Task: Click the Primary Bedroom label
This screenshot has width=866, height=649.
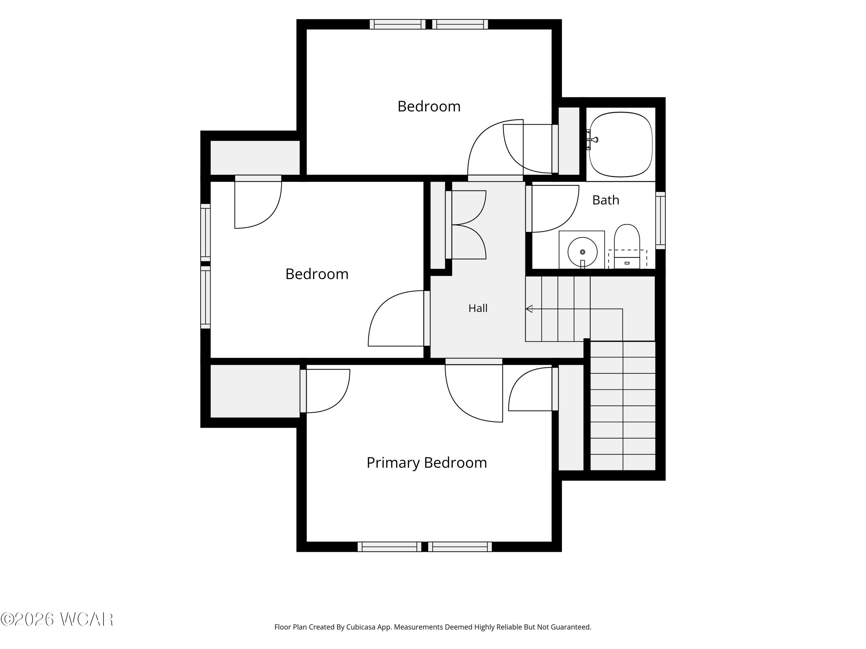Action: click(427, 463)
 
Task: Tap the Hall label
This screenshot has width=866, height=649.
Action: click(478, 308)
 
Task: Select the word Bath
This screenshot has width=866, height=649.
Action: click(606, 200)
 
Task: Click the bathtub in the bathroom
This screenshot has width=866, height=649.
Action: click(621, 144)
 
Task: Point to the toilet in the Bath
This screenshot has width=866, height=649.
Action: click(627, 246)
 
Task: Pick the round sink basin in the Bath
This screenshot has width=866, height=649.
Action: click(583, 252)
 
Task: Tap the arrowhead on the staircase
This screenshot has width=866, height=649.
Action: click(529, 309)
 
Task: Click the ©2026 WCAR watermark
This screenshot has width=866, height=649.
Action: click(57, 619)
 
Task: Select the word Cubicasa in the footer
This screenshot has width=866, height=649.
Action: click(361, 627)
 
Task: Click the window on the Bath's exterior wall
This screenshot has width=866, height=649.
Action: click(660, 220)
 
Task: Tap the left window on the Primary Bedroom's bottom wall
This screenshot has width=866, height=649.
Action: click(389, 547)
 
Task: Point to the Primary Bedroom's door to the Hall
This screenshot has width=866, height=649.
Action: click(474, 391)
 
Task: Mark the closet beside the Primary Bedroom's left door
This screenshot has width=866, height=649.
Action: click(255, 391)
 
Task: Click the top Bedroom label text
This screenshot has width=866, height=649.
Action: click(429, 106)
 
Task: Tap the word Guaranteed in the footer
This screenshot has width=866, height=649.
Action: click(571, 627)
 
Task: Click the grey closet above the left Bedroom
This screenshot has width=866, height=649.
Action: click(255, 158)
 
